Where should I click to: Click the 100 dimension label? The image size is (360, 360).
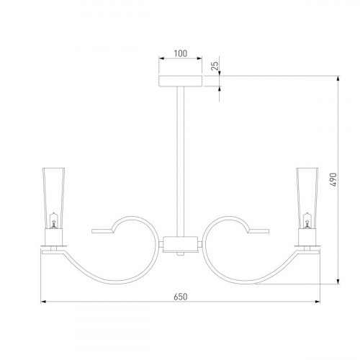tap(181, 53)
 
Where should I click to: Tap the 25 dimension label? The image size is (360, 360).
tap(215, 66)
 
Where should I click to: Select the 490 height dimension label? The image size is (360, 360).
tap(333, 179)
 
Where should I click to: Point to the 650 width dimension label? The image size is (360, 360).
tap(181, 297)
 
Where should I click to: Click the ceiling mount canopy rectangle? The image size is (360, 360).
tap(181, 81)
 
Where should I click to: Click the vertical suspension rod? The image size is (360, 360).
tap(181, 161)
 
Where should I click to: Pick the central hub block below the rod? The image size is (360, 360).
tap(181, 245)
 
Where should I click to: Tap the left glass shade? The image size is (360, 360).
tap(53, 198)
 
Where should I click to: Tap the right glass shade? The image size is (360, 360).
tap(307, 198)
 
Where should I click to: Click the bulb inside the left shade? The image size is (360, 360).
tap(53, 221)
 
